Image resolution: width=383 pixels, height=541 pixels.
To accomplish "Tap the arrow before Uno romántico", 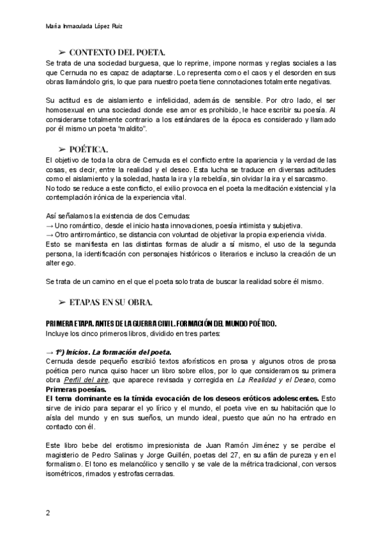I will click(50, 226).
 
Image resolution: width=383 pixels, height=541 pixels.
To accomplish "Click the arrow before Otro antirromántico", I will click(50, 235).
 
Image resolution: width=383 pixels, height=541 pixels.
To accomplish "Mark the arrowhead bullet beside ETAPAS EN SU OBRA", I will click(62, 301).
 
